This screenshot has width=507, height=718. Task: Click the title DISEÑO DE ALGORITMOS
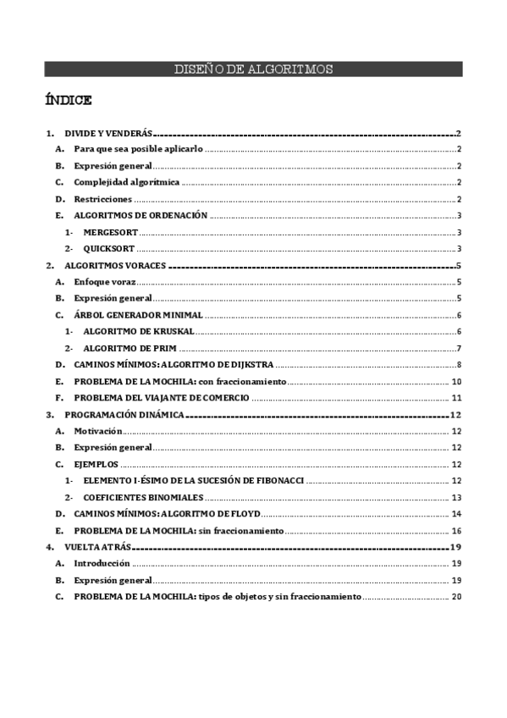pyautogui.click(x=253, y=69)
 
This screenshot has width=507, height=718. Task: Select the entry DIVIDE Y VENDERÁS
pyautogui.click(x=107, y=134)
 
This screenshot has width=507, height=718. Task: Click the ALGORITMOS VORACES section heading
pyautogui.click(x=115, y=266)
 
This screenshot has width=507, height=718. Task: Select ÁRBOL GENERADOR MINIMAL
pyautogui.click(x=138, y=315)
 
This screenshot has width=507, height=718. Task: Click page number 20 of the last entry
pyautogui.click(x=456, y=597)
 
